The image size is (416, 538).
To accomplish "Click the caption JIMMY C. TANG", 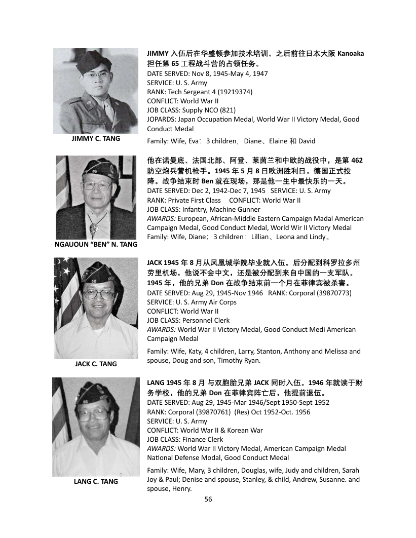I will pos(96,139).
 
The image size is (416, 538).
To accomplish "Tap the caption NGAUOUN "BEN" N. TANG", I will pos(96,245).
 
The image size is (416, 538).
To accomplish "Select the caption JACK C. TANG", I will pos(96,364).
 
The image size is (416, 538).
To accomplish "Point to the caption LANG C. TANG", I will pos(96,481).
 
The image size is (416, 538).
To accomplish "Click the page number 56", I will pos(208,499).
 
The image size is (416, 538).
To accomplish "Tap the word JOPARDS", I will pos(162,119).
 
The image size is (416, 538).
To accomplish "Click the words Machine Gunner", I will pos(237,209).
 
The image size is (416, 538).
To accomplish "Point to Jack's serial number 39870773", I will pos(333,293).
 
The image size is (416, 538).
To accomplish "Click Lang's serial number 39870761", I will pos(208,412).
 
